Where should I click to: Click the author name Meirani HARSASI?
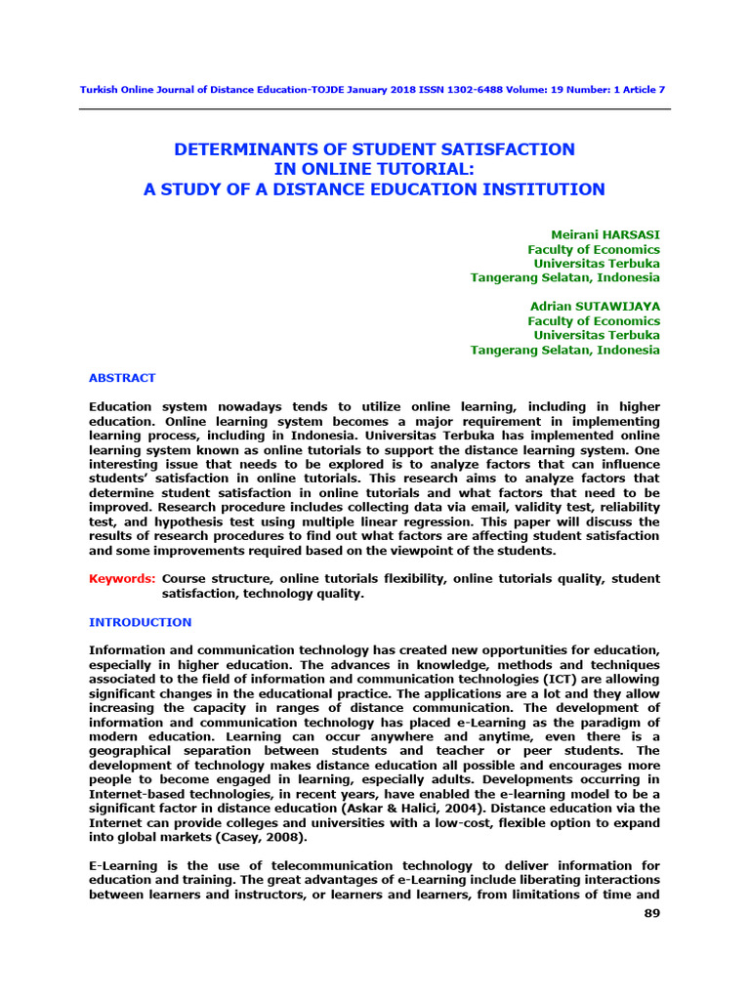tap(605, 235)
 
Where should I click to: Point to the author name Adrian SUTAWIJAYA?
tap(594, 307)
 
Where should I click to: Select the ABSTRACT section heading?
tap(122, 378)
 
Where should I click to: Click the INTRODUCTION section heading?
tap(141, 622)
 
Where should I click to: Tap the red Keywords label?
tap(122, 579)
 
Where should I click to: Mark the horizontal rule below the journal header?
tap(375, 109)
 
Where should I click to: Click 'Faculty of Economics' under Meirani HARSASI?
tap(594, 250)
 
